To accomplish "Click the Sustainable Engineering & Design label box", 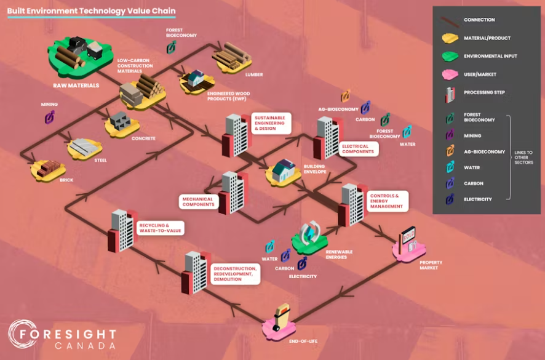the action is [x=271, y=123].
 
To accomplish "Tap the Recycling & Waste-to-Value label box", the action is [x=160, y=228].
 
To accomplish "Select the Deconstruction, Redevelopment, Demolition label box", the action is [x=236, y=274].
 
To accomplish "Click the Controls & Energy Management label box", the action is [x=388, y=201].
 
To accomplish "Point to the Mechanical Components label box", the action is [x=198, y=202].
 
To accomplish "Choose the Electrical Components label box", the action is [x=359, y=149].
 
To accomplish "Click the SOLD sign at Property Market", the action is [x=408, y=235].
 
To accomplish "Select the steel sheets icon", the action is [x=84, y=148].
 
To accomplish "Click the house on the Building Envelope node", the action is [x=284, y=170].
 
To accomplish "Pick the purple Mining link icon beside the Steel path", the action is [x=50, y=117].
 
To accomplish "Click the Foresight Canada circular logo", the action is [x=23, y=334].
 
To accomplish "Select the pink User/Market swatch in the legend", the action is [x=450, y=74].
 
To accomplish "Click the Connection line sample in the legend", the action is [x=450, y=22].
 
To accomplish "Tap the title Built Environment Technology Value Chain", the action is [x=91, y=10].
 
